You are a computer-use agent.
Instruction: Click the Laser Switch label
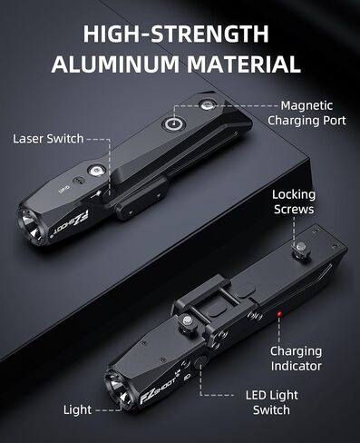pyautogui.click(x=48, y=139)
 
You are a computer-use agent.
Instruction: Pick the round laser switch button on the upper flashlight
pyautogui.click(x=96, y=170)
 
